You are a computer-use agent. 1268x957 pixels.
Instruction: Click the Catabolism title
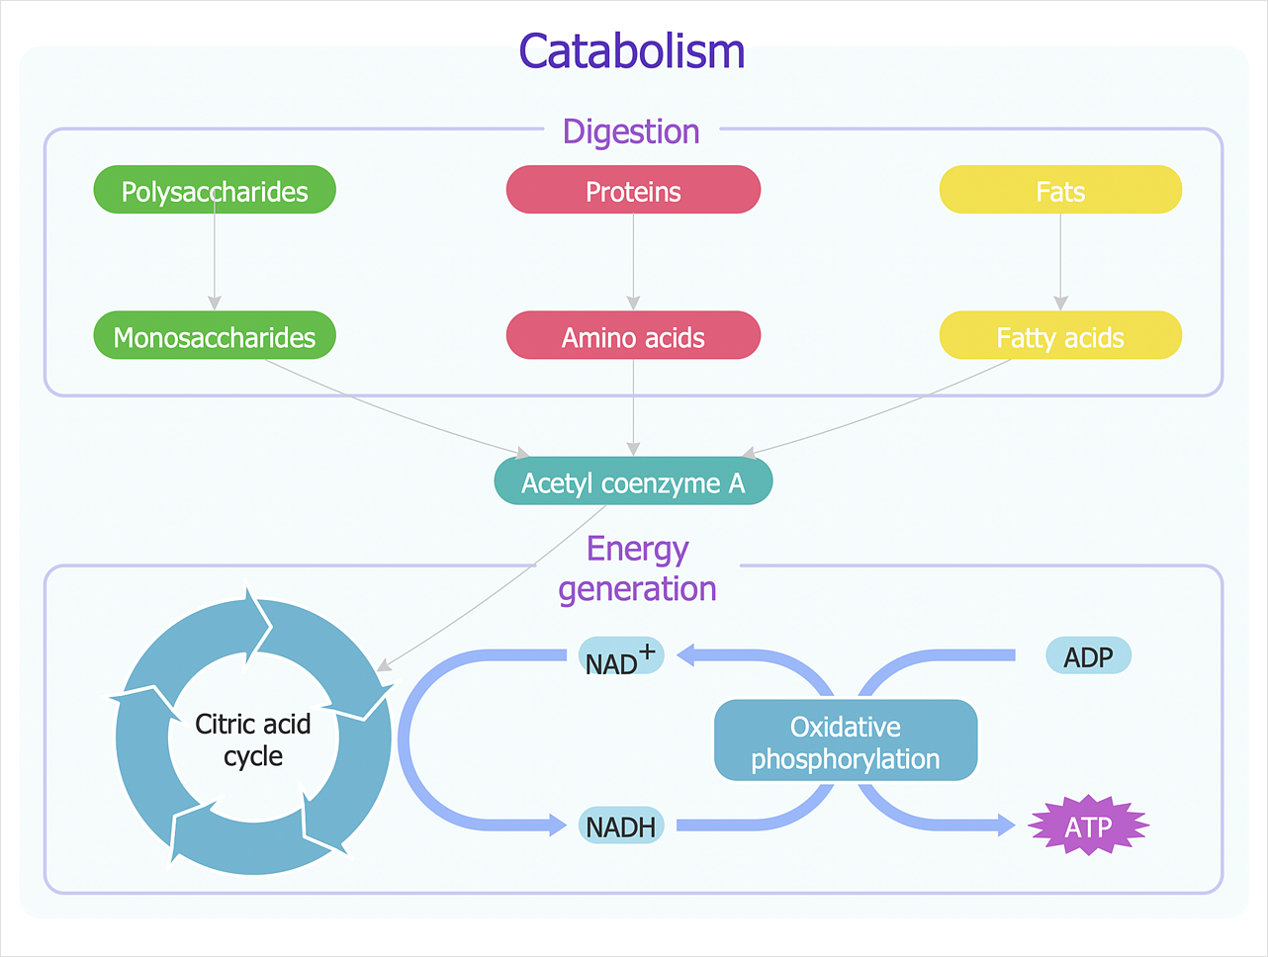pos(632,51)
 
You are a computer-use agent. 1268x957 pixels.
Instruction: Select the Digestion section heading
pos(631,131)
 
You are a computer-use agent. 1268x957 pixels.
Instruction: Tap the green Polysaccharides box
pos(215,190)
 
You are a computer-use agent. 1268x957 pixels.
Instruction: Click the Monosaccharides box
pos(215,336)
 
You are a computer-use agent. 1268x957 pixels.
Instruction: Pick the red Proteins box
pos(633,190)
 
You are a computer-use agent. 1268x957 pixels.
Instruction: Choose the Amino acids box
pos(633,336)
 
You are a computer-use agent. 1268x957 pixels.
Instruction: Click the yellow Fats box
pos(1060,190)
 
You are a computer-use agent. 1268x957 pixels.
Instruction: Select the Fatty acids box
pos(1060,336)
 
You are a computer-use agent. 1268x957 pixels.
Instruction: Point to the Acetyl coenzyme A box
pos(633,481)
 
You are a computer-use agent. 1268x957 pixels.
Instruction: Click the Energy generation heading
pos(637,568)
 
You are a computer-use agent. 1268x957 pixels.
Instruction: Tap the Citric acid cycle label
pos(253,739)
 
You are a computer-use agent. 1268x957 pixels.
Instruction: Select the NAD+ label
pos(620,656)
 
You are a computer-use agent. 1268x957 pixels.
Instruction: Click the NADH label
pos(621,826)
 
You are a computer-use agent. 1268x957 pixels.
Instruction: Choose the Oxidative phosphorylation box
pos(846,741)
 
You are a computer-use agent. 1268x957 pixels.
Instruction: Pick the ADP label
pos(1088,656)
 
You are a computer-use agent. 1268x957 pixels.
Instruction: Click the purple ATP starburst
pos(1088,826)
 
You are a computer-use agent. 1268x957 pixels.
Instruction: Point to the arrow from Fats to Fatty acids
pos(1060,262)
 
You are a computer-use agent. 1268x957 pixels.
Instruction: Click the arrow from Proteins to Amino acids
pos(633,262)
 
